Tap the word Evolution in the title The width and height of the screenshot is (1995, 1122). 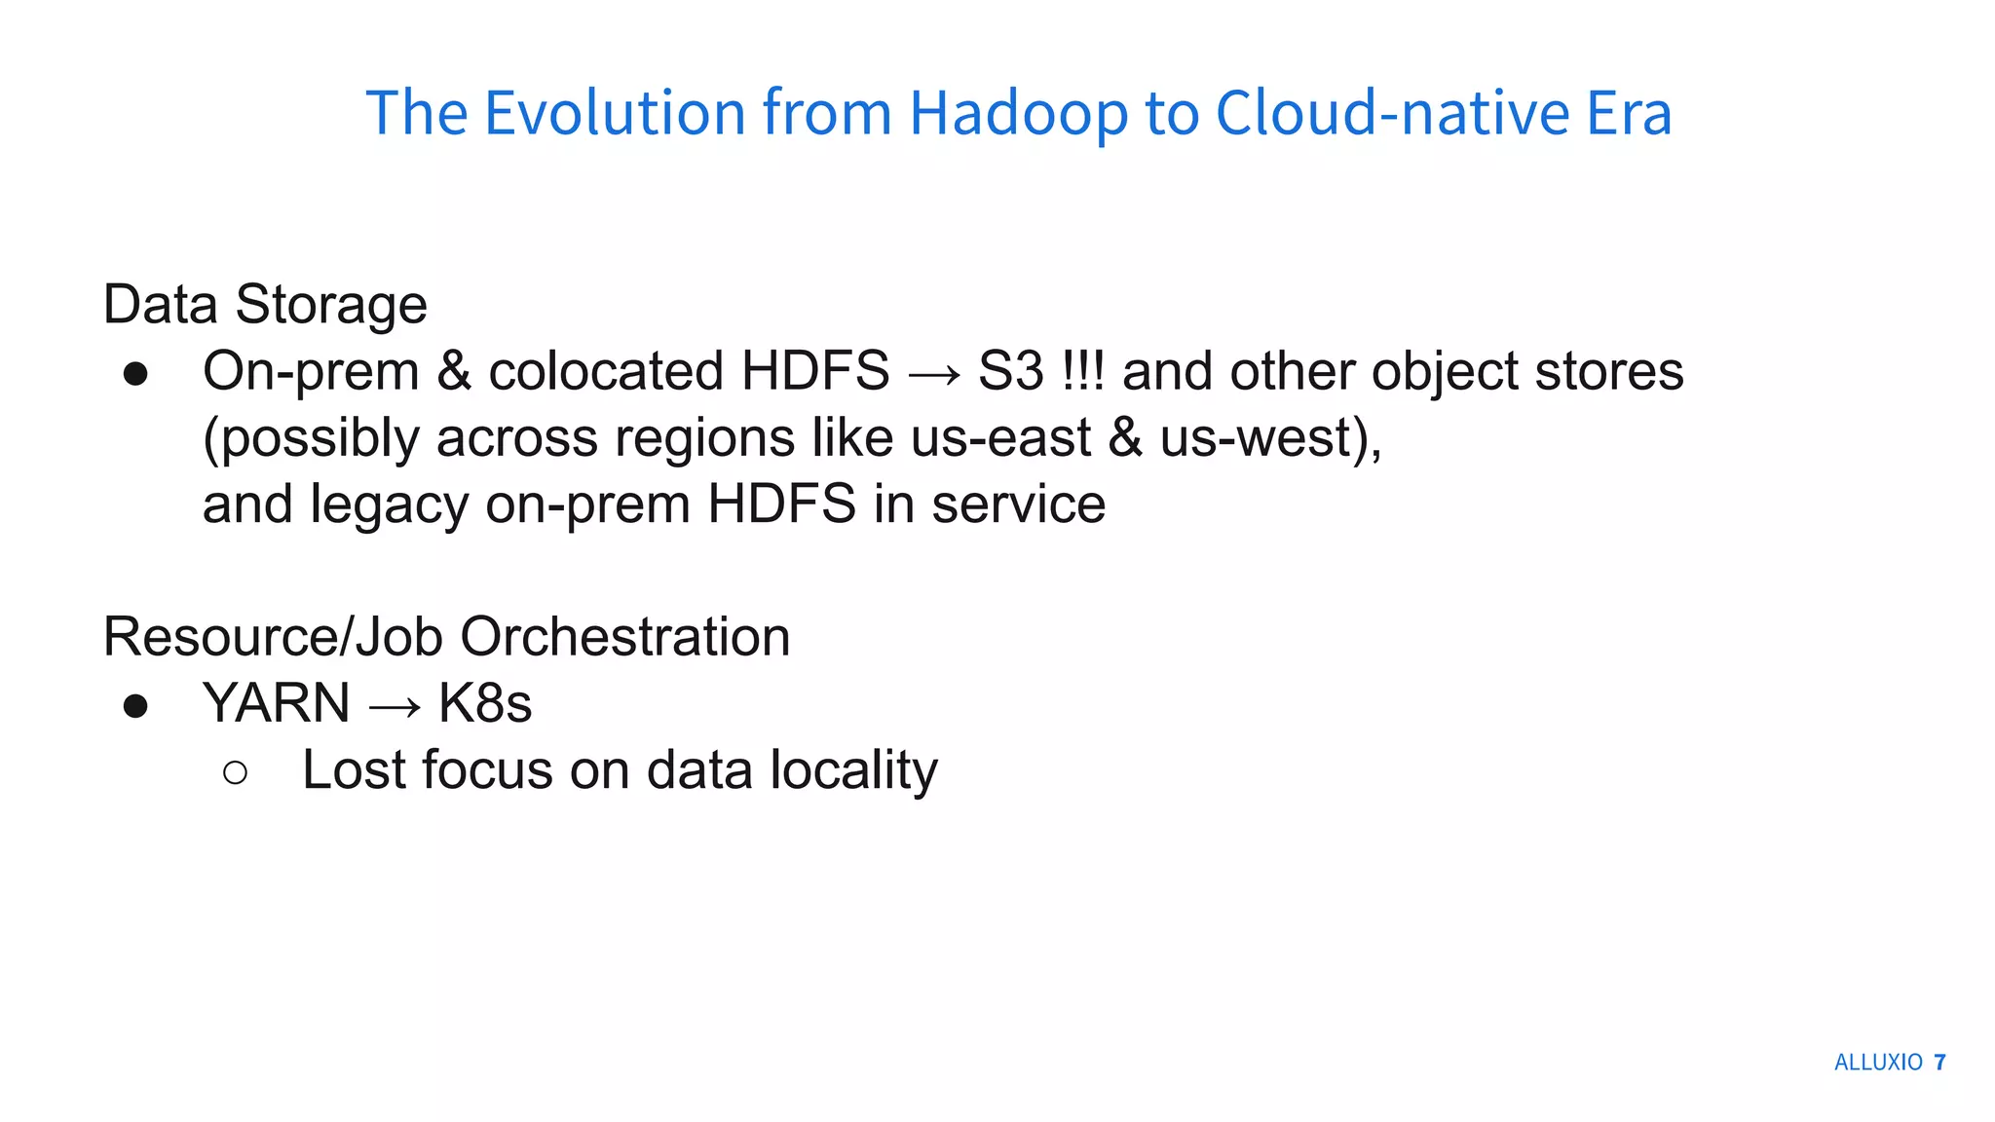(615, 114)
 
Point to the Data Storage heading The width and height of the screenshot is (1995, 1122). (265, 305)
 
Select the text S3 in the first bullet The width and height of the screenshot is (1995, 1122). (1010, 372)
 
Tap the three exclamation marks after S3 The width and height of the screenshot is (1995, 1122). (1082, 372)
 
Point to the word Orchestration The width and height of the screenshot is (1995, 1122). (624, 638)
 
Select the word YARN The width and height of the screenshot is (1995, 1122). (276, 704)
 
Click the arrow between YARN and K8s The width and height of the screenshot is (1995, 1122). (395, 706)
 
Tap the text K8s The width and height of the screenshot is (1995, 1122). (485, 704)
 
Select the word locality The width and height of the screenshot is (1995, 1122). (853, 771)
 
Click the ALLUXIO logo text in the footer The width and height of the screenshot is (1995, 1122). (1878, 1063)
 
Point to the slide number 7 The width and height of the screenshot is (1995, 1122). (1939, 1063)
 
